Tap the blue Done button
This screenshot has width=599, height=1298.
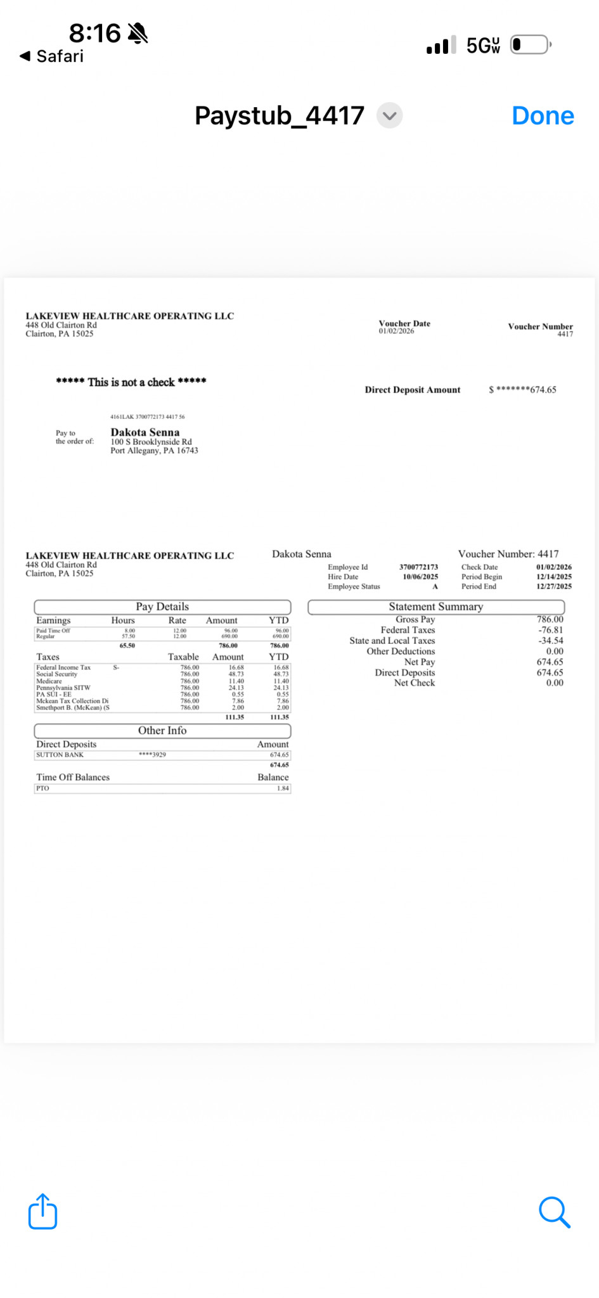pos(543,116)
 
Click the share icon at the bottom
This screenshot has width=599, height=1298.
pos(43,1212)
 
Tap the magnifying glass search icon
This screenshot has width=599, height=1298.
pos(554,1212)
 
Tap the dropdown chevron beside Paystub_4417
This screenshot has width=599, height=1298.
pos(390,116)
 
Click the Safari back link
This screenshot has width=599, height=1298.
pos(52,56)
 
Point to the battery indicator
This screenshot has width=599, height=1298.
pos(531,45)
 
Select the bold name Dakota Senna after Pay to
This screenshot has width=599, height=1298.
pos(145,432)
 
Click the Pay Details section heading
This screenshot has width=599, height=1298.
pos(162,607)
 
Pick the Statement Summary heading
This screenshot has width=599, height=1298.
pos(436,607)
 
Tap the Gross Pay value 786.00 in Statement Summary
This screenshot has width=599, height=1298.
pos(550,619)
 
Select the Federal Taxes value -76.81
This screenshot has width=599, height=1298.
pos(550,630)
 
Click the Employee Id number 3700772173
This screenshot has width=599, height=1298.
pos(418,567)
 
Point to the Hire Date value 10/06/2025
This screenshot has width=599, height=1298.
pos(420,577)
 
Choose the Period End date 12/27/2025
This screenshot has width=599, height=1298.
pos(553,586)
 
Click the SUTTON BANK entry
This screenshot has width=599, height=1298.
pos(60,755)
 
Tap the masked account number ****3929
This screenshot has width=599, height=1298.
pos(152,755)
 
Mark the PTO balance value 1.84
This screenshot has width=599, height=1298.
pos(283,788)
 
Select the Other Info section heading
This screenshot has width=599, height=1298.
pos(162,731)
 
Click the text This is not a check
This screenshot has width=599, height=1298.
pos(131,382)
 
